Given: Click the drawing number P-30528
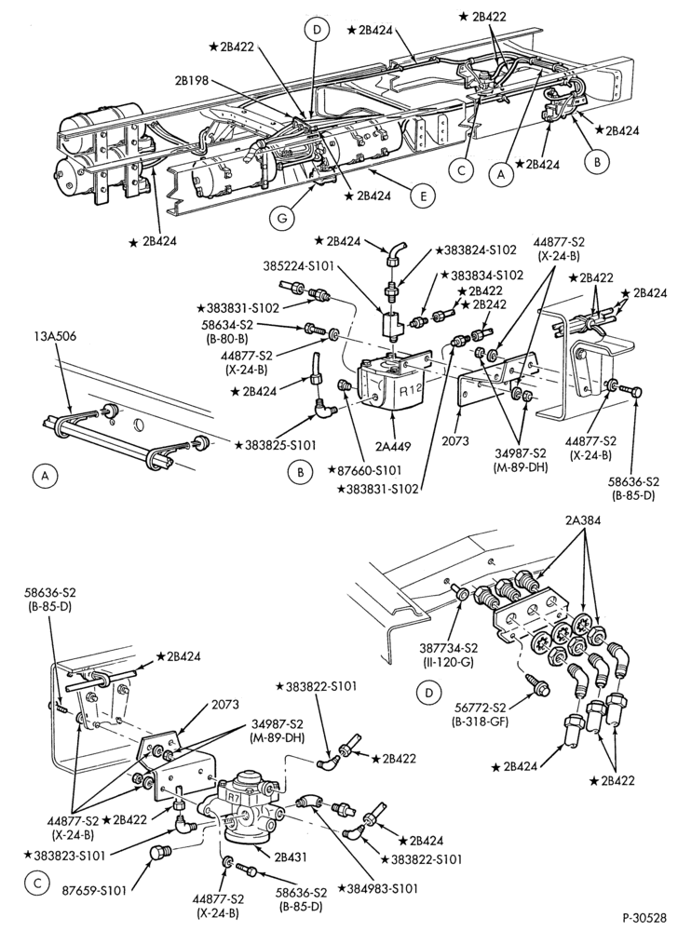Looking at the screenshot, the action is pos(644,917).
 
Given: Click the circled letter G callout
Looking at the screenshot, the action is pos(281,219).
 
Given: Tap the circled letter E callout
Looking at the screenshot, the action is pos(423,196).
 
